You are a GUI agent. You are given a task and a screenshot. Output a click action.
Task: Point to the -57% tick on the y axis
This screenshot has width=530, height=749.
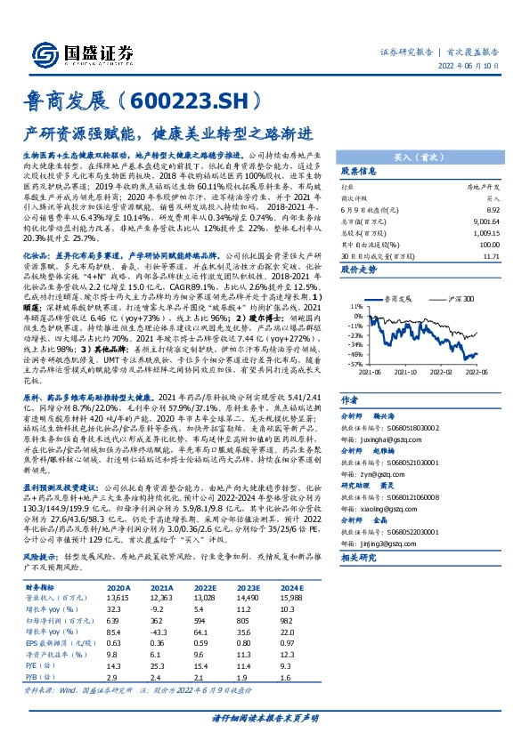point(354,364)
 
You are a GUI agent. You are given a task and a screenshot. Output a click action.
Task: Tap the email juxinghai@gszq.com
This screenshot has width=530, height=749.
point(378,414)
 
